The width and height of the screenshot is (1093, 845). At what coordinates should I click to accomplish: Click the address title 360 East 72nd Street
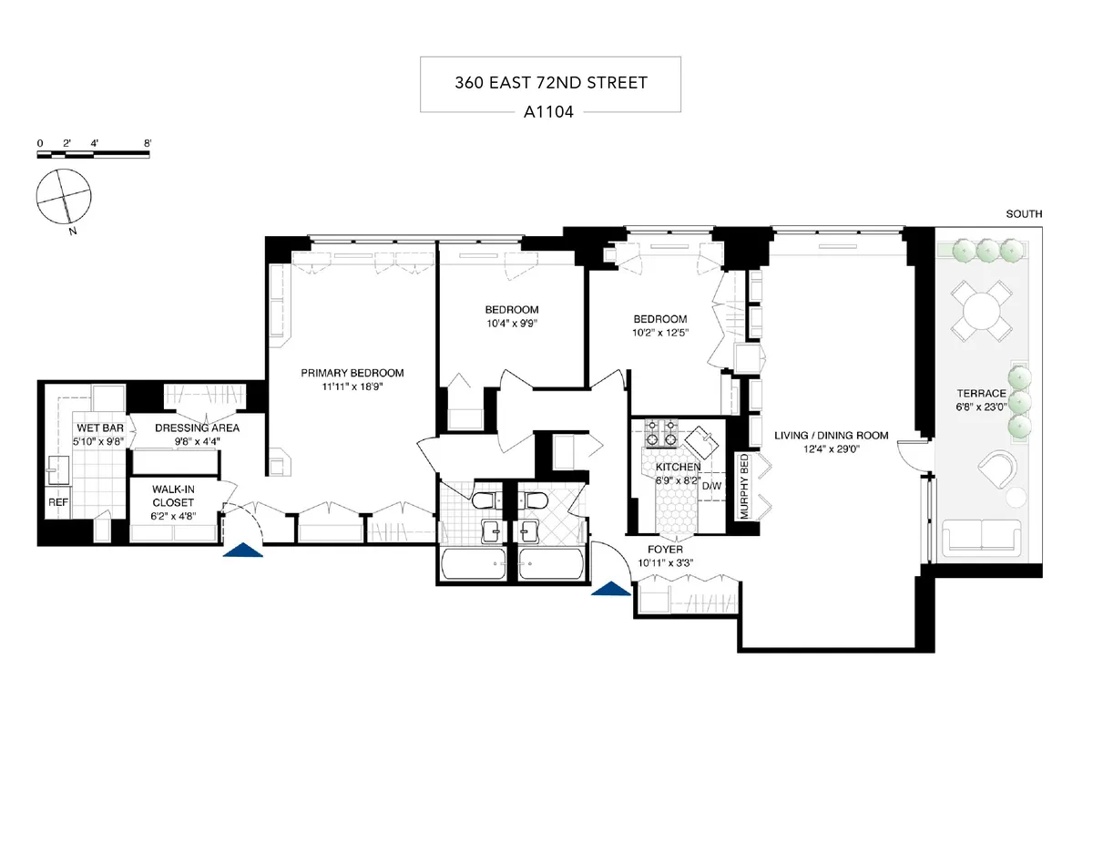point(550,83)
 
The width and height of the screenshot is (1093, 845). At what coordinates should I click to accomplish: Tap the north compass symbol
point(64,196)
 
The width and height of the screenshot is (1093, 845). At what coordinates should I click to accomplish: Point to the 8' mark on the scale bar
point(148,144)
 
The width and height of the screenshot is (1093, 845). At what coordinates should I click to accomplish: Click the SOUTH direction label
point(1024,214)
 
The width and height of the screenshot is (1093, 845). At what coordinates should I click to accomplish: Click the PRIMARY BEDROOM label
point(352,373)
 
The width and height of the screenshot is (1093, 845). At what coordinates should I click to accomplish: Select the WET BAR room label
point(94,428)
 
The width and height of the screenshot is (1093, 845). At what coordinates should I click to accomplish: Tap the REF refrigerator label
point(56,501)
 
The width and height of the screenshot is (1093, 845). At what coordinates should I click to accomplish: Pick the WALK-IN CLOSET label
point(173,496)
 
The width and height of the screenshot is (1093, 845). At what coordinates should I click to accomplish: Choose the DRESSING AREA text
point(197,428)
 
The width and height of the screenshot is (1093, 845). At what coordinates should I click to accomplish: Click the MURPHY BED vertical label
point(744,487)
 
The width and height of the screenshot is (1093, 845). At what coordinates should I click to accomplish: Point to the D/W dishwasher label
point(711,486)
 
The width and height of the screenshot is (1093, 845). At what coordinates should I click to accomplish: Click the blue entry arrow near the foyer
point(611,590)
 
